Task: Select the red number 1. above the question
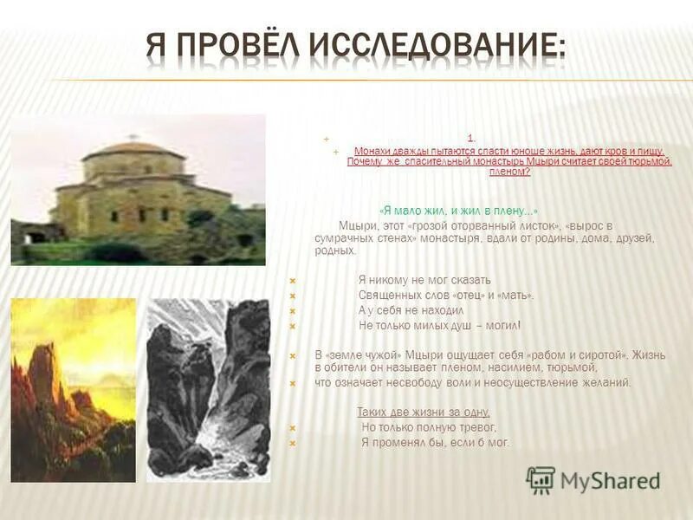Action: coord(470,139)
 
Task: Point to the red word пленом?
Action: coord(509,172)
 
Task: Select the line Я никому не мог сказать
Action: coord(424,280)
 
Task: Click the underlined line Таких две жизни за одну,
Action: coord(424,413)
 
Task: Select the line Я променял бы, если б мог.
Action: coord(436,443)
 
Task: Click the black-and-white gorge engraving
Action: coord(208,390)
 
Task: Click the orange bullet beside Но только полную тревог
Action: coord(293,428)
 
